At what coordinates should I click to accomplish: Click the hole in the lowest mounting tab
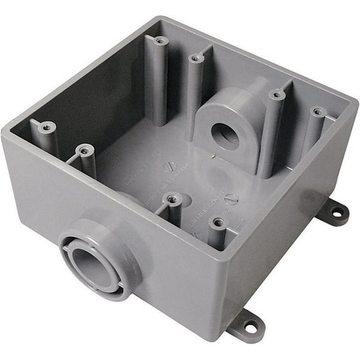click(x=250, y=325)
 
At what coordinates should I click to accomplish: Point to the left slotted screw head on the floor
click(x=169, y=167)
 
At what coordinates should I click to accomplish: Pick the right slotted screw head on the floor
click(x=231, y=200)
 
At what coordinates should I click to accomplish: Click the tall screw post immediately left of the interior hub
click(x=196, y=58)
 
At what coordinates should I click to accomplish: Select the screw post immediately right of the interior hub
click(x=276, y=95)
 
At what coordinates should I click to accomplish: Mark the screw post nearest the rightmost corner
click(x=317, y=112)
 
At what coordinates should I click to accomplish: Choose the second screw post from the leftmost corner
click(x=84, y=149)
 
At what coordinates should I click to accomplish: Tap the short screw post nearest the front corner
click(x=217, y=222)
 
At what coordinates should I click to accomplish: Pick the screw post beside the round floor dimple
click(x=171, y=199)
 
